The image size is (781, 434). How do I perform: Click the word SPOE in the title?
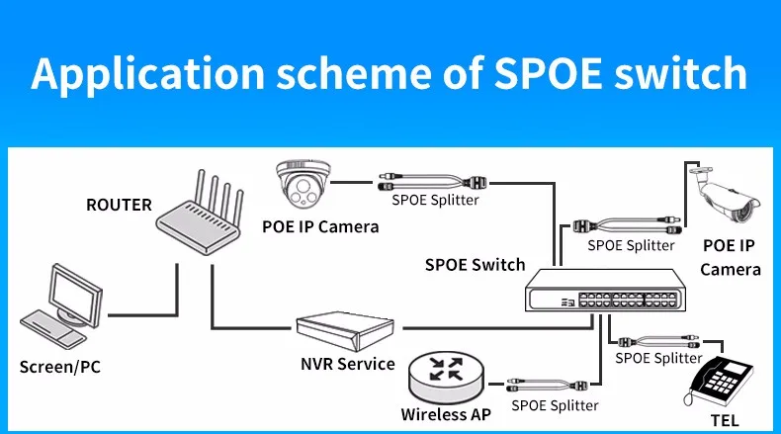point(544,75)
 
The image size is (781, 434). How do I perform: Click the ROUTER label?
point(119,206)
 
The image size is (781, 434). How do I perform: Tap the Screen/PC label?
point(60,368)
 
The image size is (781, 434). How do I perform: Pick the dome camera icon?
point(307,184)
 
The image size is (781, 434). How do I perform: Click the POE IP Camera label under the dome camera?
point(320,226)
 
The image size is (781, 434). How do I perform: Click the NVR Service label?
point(348,364)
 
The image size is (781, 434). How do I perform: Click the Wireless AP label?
point(446,414)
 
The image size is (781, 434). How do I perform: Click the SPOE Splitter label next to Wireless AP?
point(555,404)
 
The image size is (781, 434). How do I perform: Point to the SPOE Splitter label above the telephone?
point(658,357)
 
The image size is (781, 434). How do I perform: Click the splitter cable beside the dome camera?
point(435,182)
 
